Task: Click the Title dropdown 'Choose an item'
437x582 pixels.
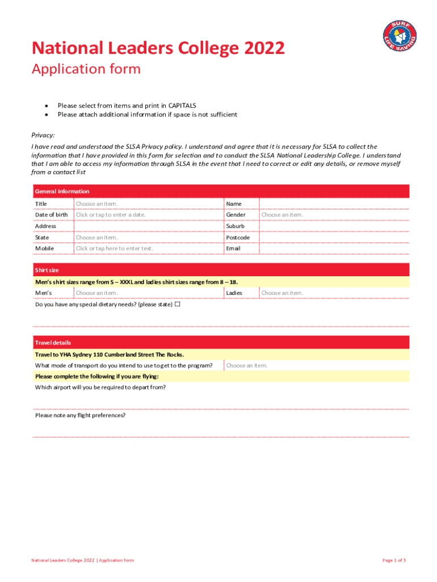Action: pyautogui.click(x=97, y=203)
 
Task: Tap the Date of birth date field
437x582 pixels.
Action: pyautogui.click(x=111, y=215)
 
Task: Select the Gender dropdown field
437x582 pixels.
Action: pyautogui.click(x=282, y=215)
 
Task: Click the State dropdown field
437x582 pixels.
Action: pyautogui.click(x=97, y=238)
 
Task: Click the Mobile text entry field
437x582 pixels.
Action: pyautogui.click(x=114, y=248)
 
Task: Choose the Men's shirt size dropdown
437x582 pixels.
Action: pyautogui.click(x=97, y=293)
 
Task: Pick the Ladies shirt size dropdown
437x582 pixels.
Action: pyautogui.click(x=282, y=293)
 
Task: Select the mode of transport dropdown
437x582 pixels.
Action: pyautogui.click(x=247, y=365)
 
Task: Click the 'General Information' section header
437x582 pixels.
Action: pyautogui.click(x=62, y=192)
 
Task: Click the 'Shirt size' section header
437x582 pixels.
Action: pyautogui.click(x=47, y=270)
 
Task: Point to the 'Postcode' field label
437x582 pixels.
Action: pyautogui.click(x=238, y=238)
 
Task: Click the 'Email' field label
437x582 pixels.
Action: pyautogui.click(x=233, y=248)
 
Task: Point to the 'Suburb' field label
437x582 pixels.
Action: pyautogui.click(x=236, y=226)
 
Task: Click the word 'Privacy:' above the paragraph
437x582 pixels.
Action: pyautogui.click(x=43, y=135)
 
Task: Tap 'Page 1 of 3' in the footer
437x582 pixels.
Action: pyautogui.click(x=394, y=560)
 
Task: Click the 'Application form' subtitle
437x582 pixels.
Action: pyautogui.click(x=86, y=69)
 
